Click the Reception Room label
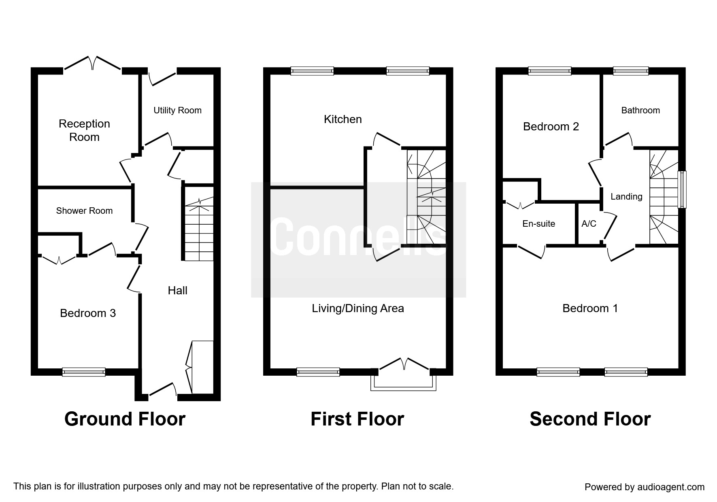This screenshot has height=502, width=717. (84, 130)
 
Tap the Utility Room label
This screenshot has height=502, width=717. (177, 111)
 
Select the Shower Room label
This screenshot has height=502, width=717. (84, 211)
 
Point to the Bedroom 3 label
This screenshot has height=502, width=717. (88, 313)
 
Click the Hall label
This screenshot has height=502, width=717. (178, 290)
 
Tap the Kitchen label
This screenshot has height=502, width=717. (343, 119)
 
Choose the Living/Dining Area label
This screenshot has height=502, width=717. (358, 308)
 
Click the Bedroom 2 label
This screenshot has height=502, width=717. (551, 127)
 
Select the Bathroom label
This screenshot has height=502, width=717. (640, 111)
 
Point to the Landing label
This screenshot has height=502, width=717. (626, 197)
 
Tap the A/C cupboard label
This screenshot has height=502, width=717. (589, 223)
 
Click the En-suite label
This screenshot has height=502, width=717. (539, 223)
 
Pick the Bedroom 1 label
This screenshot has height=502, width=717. (590, 308)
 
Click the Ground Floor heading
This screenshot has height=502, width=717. (125, 419)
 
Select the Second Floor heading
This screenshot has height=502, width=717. (590, 419)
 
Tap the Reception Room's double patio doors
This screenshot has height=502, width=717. (93, 65)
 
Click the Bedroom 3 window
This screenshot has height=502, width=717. (84, 372)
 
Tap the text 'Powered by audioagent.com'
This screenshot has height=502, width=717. (645, 487)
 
